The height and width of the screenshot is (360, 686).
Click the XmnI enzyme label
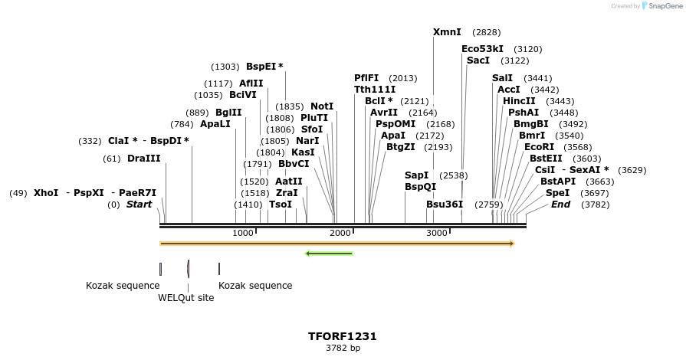(447, 32)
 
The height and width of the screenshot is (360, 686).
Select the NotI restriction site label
(322, 106)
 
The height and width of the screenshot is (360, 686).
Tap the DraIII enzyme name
(143, 159)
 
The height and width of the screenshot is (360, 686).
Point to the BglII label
(228, 113)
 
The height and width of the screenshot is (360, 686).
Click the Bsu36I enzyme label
(445, 205)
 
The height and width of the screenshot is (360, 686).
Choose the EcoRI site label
(539, 147)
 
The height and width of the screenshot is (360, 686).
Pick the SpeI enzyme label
(557, 193)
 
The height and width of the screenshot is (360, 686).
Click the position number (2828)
(487, 32)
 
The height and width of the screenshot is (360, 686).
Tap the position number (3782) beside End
(596, 205)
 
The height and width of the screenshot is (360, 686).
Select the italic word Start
(139, 205)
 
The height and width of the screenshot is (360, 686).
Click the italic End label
(560, 205)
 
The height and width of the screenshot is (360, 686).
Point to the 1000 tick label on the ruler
(242, 233)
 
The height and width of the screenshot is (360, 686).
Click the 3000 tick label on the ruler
(436, 233)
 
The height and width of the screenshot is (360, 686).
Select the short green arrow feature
(329, 254)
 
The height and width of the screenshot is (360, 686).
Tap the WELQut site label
(186, 298)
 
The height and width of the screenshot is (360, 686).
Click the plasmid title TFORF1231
(343, 336)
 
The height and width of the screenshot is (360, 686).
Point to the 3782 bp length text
(343, 349)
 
